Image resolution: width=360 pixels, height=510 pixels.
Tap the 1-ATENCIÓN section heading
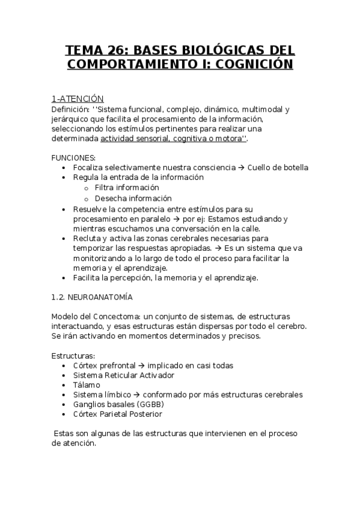[78, 99]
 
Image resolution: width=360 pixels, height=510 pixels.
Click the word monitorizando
[100, 258]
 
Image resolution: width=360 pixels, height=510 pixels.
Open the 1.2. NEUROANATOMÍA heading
[93, 297]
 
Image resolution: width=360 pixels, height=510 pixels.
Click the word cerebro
[293, 326]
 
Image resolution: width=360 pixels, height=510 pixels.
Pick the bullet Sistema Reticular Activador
[123, 375]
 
